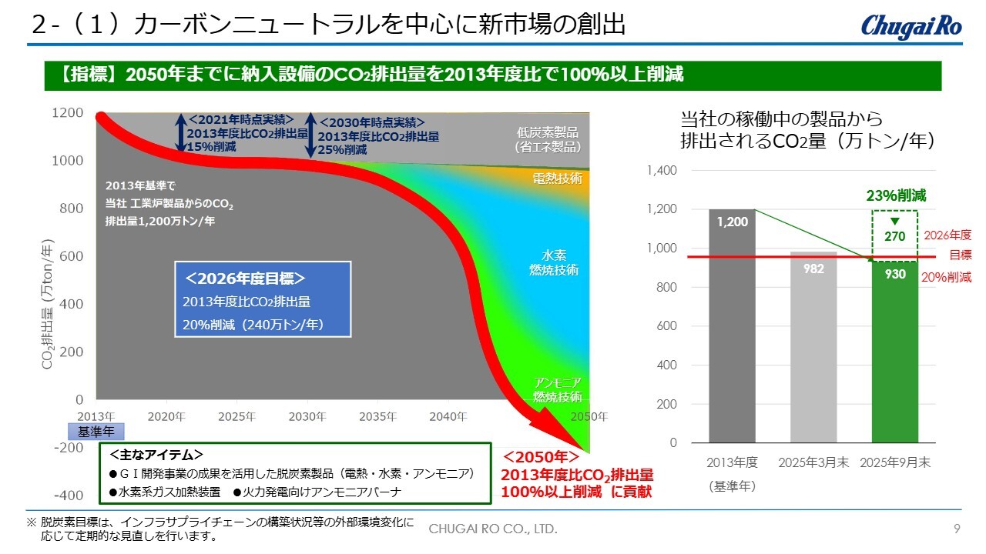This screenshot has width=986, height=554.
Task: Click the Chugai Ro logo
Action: (x=911, y=25)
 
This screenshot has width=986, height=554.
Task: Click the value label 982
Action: (x=813, y=269)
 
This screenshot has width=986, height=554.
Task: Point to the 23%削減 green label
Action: (x=894, y=196)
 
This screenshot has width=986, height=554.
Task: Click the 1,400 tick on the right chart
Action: (x=662, y=170)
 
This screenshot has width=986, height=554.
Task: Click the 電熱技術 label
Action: (x=557, y=179)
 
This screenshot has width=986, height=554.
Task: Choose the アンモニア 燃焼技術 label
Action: (x=557, y=389)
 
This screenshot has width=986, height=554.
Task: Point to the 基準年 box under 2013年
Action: (x=96, y=432)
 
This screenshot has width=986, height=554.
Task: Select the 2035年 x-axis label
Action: (x=377, y=417)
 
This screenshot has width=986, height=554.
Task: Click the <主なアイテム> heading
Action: (x=157, y=454)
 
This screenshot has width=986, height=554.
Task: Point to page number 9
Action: (x=957, y=529)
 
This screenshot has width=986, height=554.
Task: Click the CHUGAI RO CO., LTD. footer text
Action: (x=492, y=529)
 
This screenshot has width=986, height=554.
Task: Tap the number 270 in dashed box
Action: (x=894, y=236)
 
